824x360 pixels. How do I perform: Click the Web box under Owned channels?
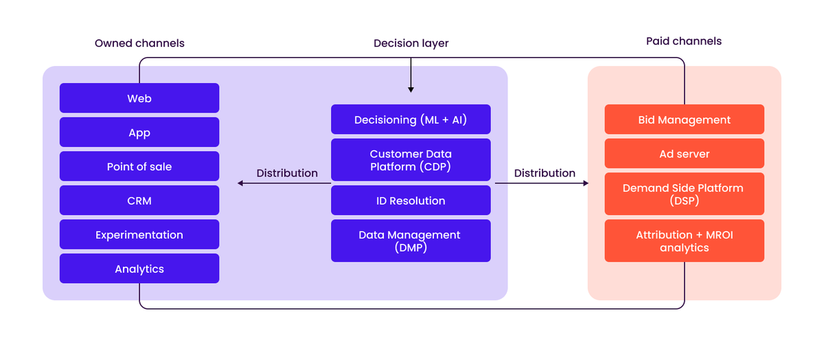click(x=139, y=98)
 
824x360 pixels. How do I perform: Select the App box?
click(x=139, y=133)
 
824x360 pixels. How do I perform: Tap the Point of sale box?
click(x=139, y=166)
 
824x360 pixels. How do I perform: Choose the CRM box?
click(x=139, y=201)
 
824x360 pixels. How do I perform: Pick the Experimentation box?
click(x=139, y=235)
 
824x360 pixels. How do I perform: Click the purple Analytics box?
click(x=139, y=269)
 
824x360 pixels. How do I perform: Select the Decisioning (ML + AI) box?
click(x=411, y=120)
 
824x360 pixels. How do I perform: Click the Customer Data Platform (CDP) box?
click(x=411, y=160)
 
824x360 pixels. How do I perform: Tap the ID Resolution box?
click(x=411, y=201)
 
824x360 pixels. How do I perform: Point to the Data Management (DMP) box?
click(x=411, y=241)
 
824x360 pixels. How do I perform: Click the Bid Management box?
click(x=684, y=120)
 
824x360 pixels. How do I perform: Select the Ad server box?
click(x=684, y=154)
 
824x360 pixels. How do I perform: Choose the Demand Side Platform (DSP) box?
click(x=684, y=194)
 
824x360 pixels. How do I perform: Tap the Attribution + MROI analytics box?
click(x=684, y=241)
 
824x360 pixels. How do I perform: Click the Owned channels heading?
click(x=139, y=43)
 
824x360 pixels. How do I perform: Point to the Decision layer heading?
click(x=411, y=43)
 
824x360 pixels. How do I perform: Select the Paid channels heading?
click(x=684, y=41)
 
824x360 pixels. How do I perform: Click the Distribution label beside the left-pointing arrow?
click(x=287, y=173)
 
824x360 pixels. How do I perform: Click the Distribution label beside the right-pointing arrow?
click(x=545, y=173)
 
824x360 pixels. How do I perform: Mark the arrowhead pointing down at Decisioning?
click(x=411, y=89)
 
